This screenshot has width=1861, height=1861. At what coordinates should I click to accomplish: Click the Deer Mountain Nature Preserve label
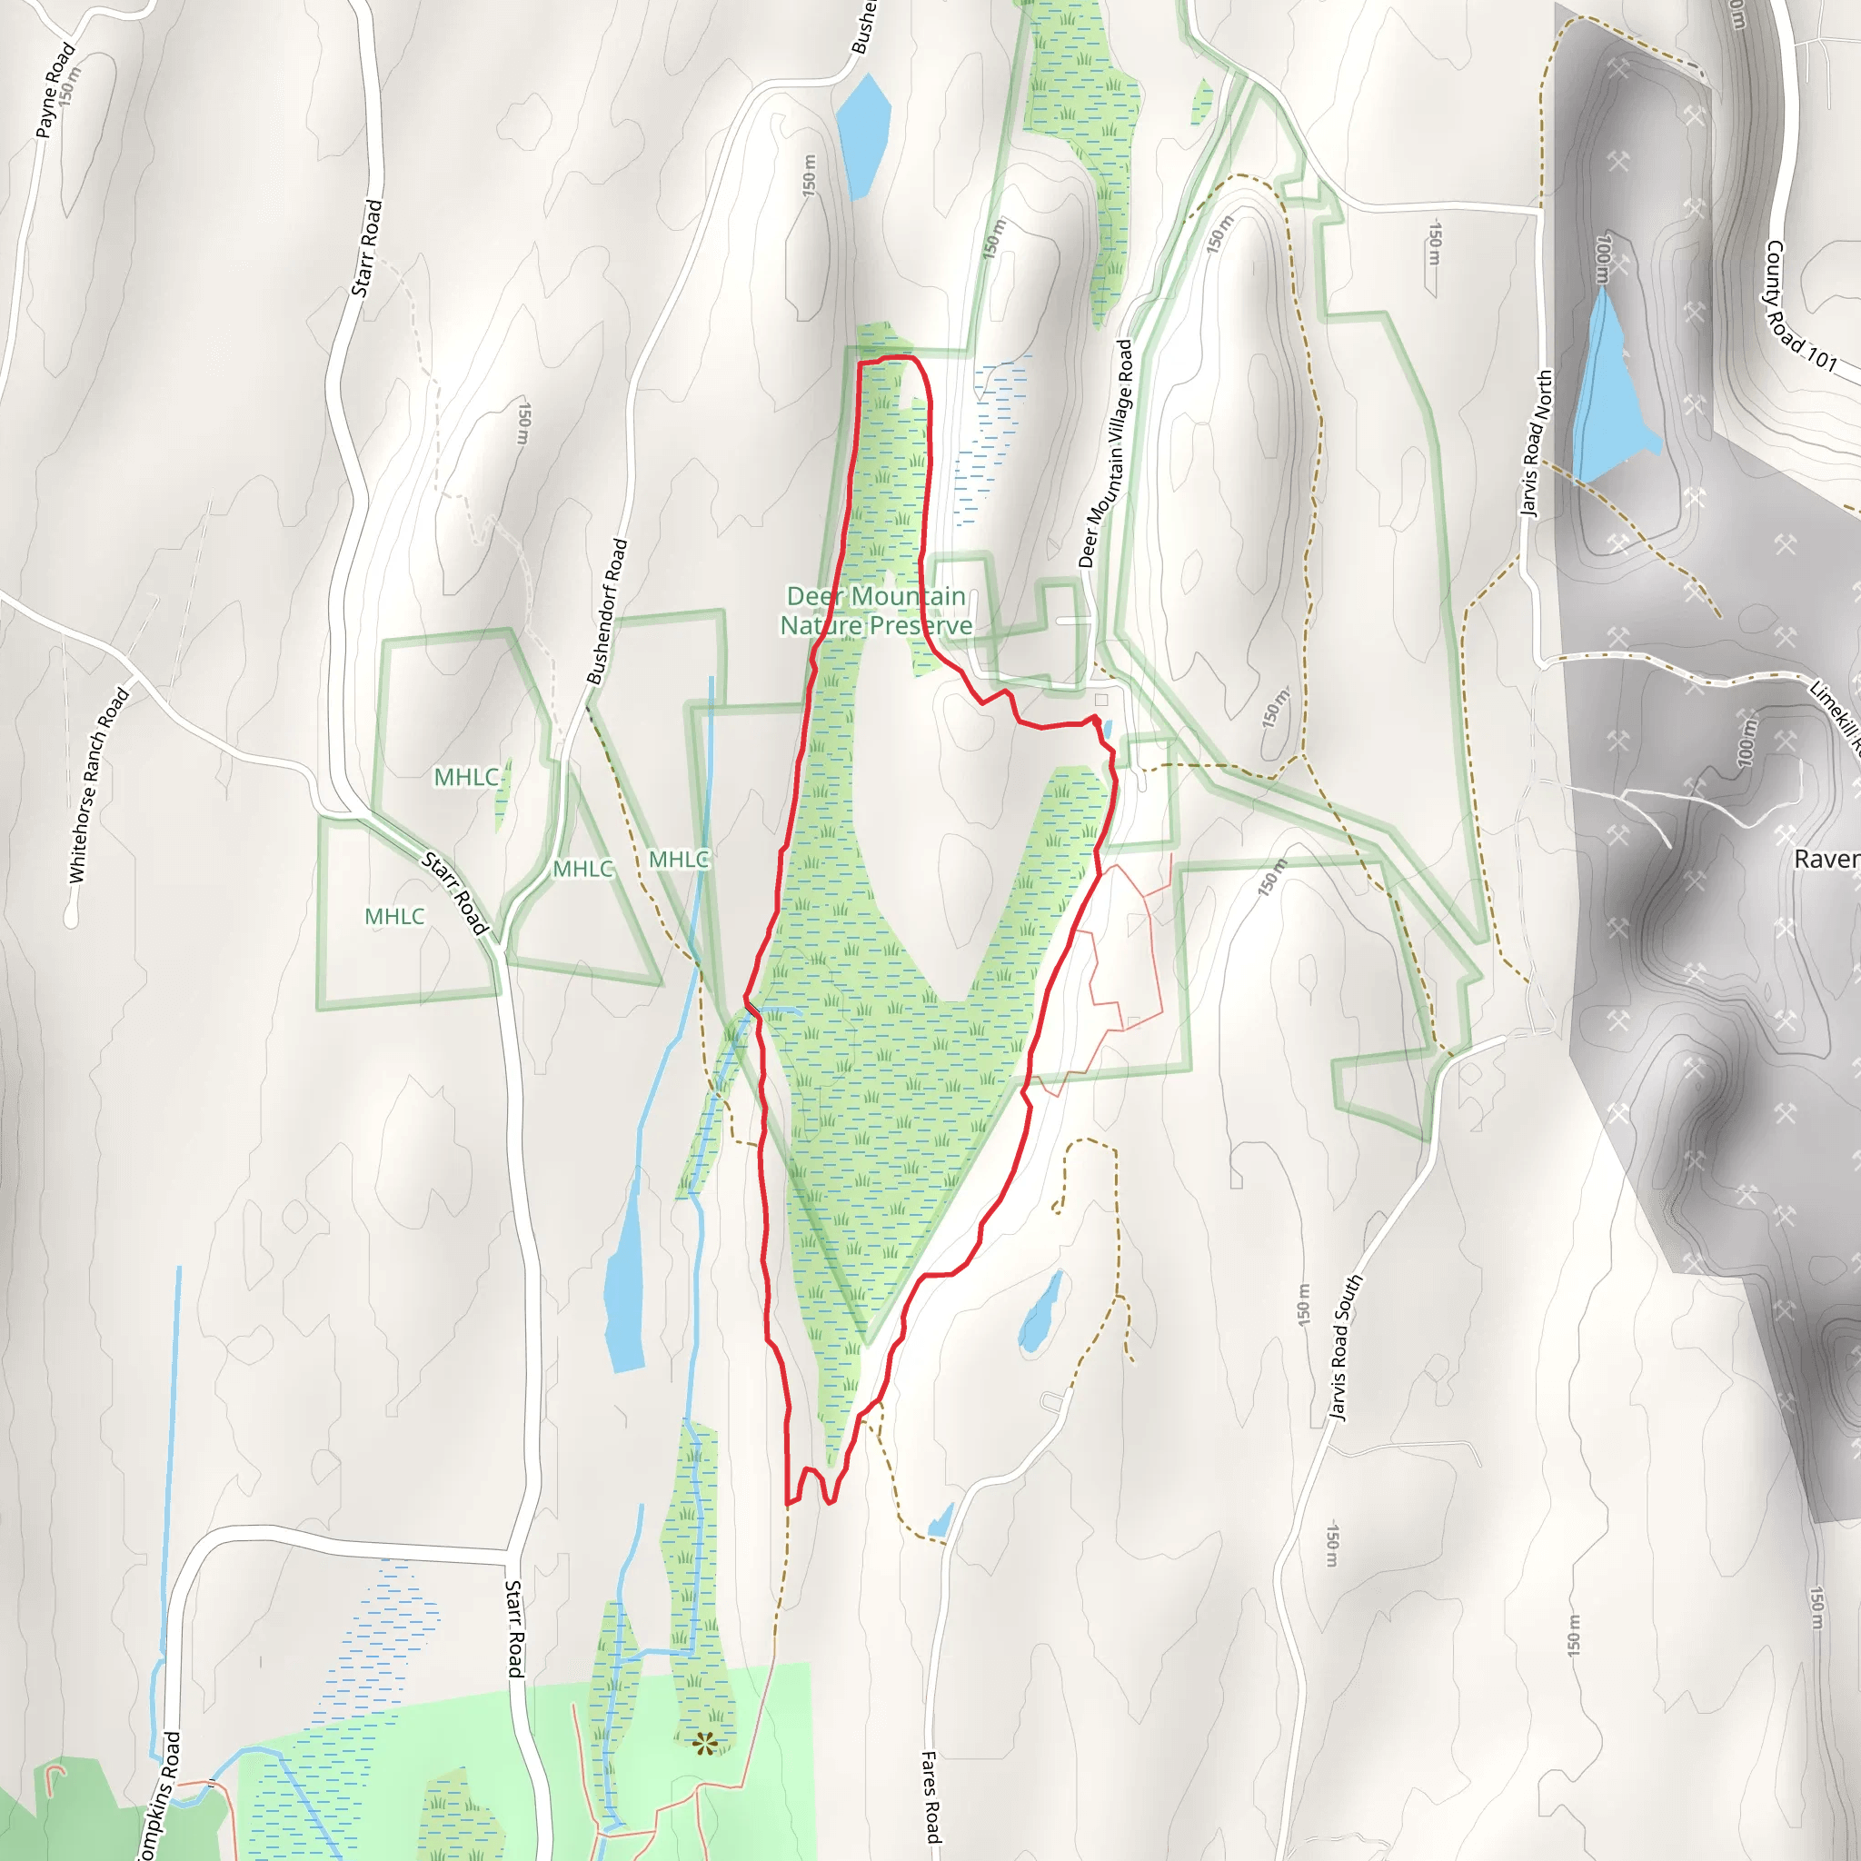[x=876, y=611]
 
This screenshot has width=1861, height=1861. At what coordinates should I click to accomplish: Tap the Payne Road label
[x=55, y=90]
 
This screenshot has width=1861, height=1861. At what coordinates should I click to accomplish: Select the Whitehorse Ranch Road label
[x=98, y=784]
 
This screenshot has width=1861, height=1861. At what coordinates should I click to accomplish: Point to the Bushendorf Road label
[x=607, y=612]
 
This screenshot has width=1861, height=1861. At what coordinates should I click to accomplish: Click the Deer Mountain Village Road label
[x=1105, y=453]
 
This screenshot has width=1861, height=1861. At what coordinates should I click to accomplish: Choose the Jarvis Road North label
[x=1537, y=443]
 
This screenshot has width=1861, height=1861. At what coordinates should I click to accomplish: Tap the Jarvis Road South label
[x=1346, y=1348]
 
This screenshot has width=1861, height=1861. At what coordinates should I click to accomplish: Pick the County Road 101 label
[x=1799, y=305]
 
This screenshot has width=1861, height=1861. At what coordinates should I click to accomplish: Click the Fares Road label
[x=930, y=1796]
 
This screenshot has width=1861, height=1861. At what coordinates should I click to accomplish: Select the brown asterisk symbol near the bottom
[x=705, y=1743]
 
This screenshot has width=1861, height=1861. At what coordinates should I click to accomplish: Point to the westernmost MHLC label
[x=394, y=916]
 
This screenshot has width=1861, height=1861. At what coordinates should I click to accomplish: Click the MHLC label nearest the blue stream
[x=679, y=858]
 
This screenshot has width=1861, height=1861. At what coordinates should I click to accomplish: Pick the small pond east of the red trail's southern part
[x=1041, y=1313]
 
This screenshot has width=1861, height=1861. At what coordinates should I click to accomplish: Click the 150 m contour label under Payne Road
[x=66, y=85]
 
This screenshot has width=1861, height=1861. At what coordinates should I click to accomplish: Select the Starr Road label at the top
[x=367, y=247]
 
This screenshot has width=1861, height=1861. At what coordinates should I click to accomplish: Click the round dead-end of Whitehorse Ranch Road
[x=70, y=917]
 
